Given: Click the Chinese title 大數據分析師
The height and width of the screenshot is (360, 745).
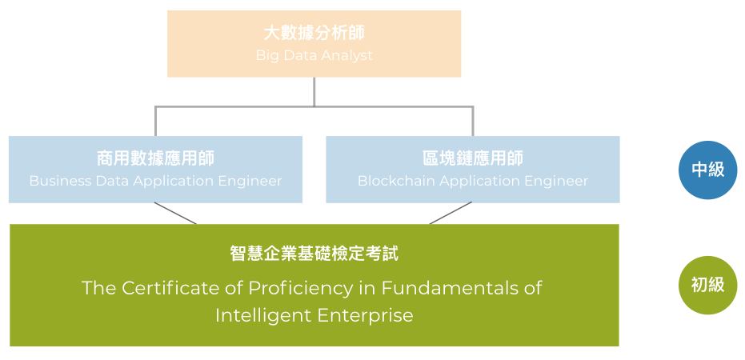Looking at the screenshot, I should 314,34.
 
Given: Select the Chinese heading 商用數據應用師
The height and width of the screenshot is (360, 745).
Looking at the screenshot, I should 155,158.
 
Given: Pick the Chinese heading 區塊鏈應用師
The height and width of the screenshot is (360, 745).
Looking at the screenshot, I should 472,158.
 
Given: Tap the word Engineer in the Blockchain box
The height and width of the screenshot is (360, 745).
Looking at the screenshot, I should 557,181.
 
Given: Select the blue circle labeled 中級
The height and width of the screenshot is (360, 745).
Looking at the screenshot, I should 707,169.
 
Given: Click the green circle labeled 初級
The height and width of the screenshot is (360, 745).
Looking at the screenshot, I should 707,284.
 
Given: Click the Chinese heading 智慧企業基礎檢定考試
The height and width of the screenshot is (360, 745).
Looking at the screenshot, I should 314,254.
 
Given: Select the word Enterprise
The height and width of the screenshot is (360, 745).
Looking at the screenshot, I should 363,315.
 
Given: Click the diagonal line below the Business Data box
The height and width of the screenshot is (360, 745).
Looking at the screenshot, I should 175,214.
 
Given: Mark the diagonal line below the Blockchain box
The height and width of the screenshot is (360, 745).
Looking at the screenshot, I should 451,214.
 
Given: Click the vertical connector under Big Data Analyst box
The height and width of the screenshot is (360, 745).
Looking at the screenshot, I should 314,91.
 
